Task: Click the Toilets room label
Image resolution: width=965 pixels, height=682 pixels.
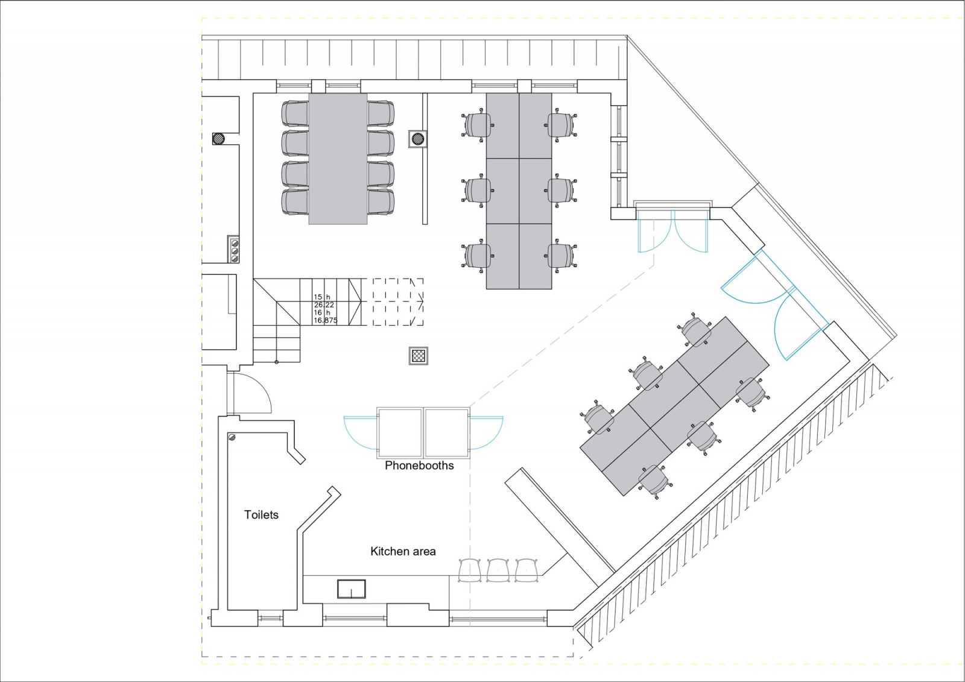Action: [261, 515]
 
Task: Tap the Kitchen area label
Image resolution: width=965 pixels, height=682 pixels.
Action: [403, 552]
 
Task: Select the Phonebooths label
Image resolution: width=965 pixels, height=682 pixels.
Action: [419, 466]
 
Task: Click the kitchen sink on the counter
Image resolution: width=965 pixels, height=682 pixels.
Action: [351, 589]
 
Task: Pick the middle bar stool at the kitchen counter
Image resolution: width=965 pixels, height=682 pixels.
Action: [498, 570]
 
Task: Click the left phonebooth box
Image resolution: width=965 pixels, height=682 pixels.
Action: [399, 432]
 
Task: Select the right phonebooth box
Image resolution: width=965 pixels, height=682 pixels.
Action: [447, 432]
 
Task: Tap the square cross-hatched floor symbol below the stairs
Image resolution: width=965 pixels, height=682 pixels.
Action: [419, 356]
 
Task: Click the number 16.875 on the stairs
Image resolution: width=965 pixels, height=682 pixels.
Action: [326, 321]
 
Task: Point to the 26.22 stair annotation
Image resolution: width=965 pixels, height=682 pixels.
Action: [324, 305]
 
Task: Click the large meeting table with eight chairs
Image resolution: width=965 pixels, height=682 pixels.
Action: [338, 159]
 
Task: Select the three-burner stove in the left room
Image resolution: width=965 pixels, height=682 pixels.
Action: [234, 250]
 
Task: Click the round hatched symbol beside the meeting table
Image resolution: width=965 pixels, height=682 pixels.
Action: [417, 138]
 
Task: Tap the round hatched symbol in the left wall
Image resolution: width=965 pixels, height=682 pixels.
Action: [220, 138]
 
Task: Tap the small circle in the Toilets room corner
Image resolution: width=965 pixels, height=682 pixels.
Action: [232, 437]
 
